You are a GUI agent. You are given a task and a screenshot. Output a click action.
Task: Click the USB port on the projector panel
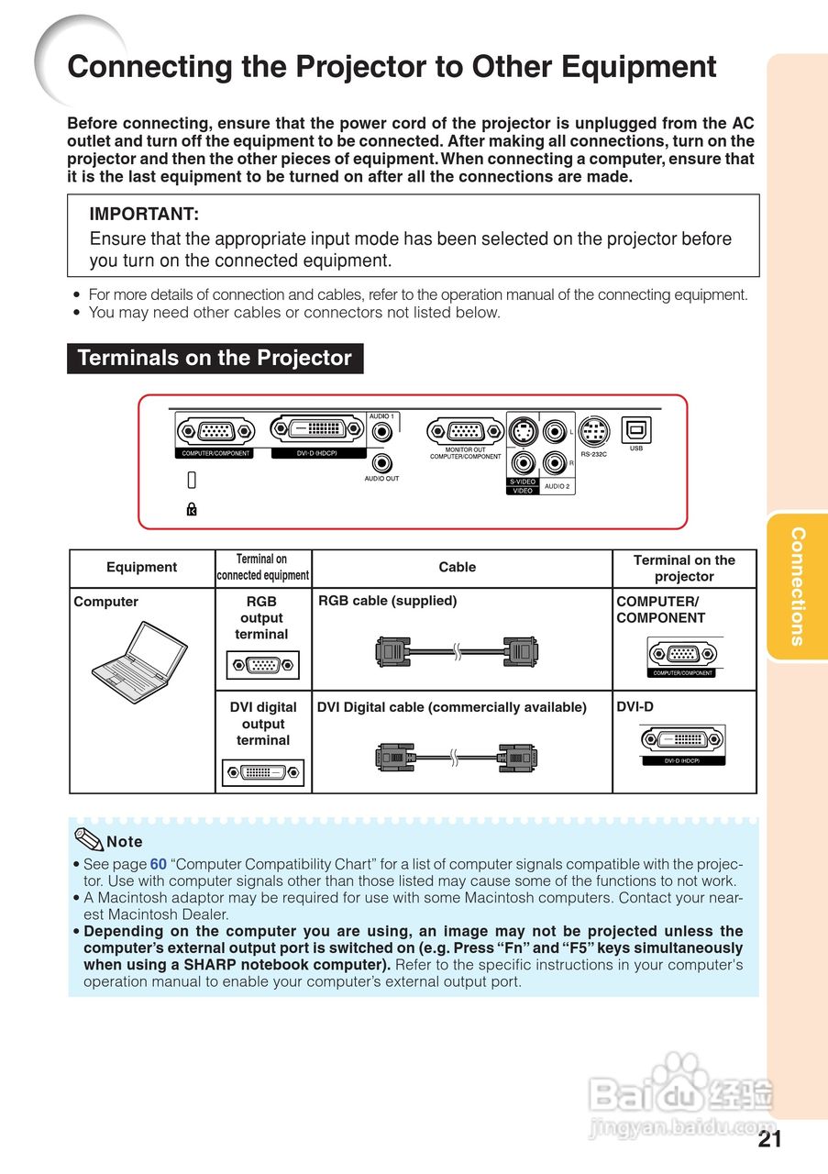pos(635,429)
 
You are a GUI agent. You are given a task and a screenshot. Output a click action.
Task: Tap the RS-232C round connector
pos(593,428)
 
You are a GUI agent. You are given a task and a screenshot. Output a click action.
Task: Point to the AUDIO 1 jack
pos(381,430)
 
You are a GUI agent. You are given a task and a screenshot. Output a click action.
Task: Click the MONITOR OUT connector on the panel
pos(466,430)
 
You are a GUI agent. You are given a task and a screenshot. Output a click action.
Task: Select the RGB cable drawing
pos(457,651)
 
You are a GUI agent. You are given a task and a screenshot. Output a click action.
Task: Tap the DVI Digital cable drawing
pos(457,757)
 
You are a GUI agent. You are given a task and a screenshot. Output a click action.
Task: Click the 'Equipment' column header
pos(142,568)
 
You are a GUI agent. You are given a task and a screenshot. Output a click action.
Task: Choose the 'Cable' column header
pos(457,568)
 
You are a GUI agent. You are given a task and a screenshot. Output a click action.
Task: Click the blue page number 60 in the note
pos(159,864)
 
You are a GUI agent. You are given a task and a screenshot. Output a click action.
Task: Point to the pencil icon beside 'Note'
pos(89,838)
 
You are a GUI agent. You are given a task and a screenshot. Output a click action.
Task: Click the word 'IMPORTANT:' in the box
pos(144,215)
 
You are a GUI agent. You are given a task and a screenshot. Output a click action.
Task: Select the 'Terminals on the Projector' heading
pos(215,358)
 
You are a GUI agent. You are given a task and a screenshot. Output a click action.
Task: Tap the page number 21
pos(770,1139)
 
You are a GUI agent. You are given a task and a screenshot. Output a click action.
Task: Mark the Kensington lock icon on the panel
pos(192,509)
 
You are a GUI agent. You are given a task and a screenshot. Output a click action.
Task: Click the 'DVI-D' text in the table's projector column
pos(635,707)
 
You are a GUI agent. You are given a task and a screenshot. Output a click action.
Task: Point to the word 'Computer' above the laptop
pos(105,602)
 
